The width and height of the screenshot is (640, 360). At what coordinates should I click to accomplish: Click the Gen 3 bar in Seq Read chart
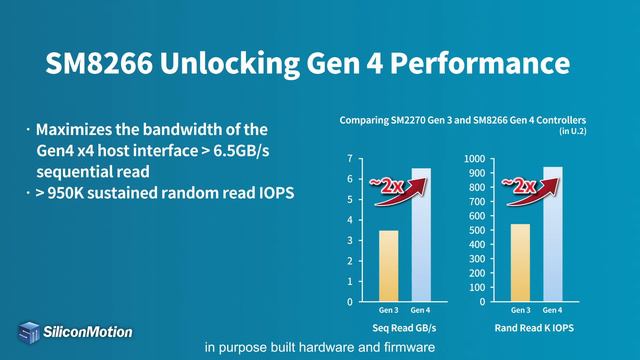[388, 265]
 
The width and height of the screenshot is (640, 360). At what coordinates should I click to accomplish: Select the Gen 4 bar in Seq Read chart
[422, 235]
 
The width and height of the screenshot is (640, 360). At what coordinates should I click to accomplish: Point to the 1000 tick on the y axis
[474, 159]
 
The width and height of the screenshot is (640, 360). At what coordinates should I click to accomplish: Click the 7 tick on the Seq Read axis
[349, 159]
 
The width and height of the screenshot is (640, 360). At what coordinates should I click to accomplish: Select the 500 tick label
[476, 230]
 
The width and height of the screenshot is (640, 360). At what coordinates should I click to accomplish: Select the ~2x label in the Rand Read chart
[518, 184]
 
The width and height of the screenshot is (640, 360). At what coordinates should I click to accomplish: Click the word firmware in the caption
[406, 349]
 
